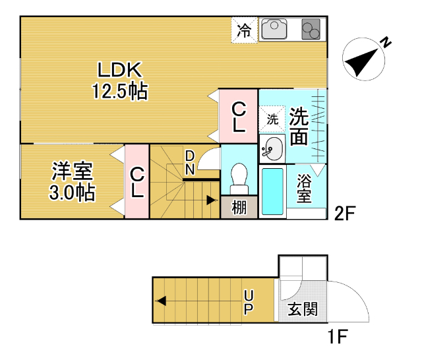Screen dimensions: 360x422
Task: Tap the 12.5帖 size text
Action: (x=119, y=91)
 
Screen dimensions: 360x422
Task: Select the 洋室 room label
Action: (x=73, y=171)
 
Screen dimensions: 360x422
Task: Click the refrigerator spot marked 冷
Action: (x=244, y=30)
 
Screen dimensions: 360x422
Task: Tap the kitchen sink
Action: (x=274, y=30)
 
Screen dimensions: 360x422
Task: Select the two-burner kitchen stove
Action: (x=311, y=30)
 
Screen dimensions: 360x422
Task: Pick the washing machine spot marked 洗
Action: (x=272, y=120)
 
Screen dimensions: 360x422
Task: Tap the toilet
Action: (x=238, y=177)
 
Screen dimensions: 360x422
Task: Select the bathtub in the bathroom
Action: (x=272, y=191)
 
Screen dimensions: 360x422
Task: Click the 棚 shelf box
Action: (x=239, y=208)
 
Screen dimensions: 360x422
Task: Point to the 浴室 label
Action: (x=304, y=188)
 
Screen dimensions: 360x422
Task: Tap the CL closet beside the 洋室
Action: (x=137, y=183)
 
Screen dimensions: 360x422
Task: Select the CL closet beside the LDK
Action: (x=238, y=117)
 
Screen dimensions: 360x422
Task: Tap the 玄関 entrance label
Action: (x=303, y=309)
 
